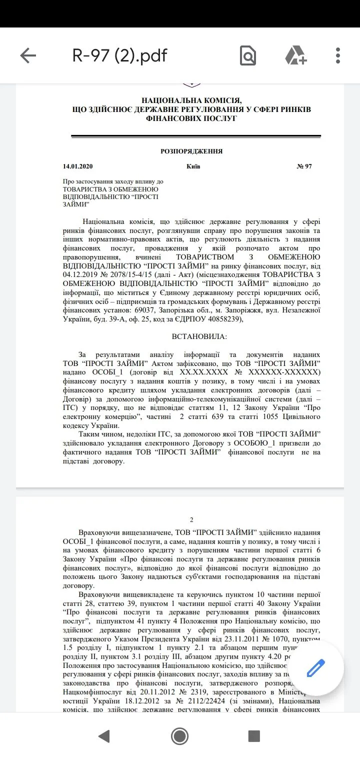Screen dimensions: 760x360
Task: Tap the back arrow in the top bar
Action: pyautogui.click(x=28, y=55)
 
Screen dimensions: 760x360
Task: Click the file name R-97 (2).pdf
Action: pyautogui.click(x=120, y=55)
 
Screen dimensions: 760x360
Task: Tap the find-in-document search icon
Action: pyautogui.click(x=248, y=55)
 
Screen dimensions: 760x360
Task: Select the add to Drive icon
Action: pyautogui.click(x=295, y=55)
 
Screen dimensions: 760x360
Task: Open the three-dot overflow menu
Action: pyautogui.click(x=338, y=55)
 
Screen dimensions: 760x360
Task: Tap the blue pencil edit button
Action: pyautogui.click(x=316, y=667)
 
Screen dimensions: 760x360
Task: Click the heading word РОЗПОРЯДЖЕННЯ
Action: pyautogui.click(x=191, y=151)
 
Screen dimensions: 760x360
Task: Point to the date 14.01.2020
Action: pyautogui.click(x=77, y=166)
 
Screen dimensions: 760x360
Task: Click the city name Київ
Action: pyautogui.click(x=193, y=166)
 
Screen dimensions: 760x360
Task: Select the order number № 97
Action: pyautogui.click(x=304, y=166)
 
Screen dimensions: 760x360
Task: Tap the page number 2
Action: pyautogui.click(x=191, y=520)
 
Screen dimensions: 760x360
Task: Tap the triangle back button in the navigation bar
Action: pyautogui.click(x=104, y=736)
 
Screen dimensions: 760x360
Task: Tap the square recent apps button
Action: pyautogui.click(x=254, y=736)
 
